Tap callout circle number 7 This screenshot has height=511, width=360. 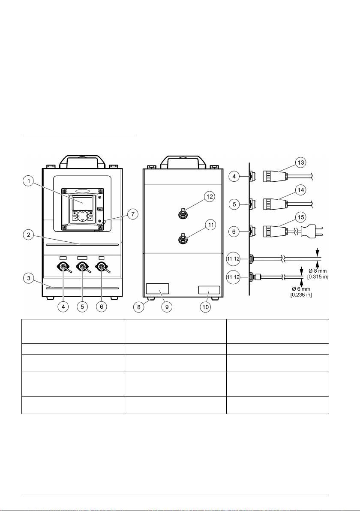[x=132, y=214]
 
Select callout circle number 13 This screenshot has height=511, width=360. [x=301, y=162]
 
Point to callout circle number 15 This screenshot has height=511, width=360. [x=301, y=217]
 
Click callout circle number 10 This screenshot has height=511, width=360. [x=205, y=307]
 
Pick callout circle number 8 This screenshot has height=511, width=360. [x=139, y=307]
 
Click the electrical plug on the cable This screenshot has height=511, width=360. [x=312, y=231]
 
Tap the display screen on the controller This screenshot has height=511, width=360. [x=82, y=203]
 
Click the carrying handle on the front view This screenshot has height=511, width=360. [x=82, y=161]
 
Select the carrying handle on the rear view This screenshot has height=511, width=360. [x=183, y=161]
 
